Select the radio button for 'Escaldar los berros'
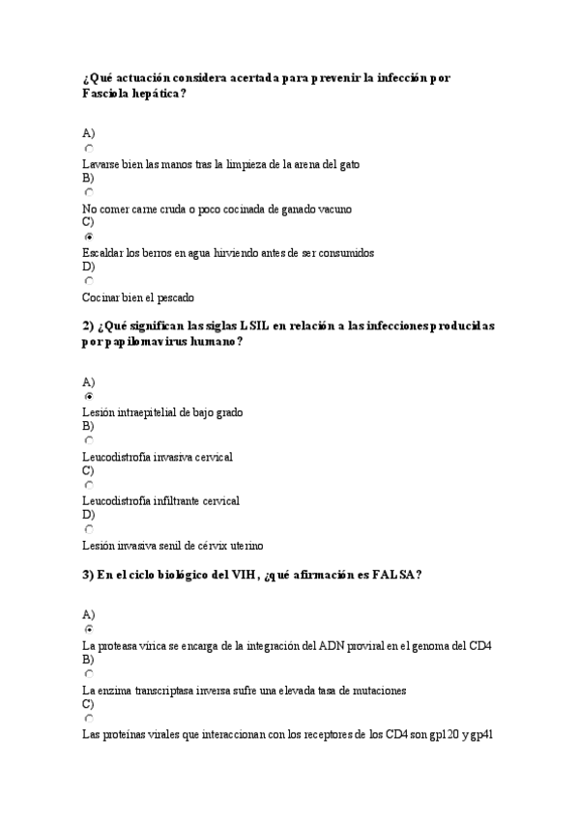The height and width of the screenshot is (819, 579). tap(89, 237)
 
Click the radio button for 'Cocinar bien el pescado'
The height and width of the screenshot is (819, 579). tap(89, 281)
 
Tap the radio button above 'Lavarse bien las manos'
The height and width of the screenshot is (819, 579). tap(89, 148)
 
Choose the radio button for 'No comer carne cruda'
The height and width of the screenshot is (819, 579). tap(89, 192)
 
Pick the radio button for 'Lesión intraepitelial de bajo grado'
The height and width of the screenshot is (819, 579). tap(89, 396)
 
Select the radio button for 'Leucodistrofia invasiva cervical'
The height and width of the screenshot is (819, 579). tap(89, 440)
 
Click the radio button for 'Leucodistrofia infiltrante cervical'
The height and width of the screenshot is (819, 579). tap(89, 485)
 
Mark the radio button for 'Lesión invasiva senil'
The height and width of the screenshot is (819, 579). tap(89, 529)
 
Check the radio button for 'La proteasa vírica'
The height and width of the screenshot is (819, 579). tap(89, 629)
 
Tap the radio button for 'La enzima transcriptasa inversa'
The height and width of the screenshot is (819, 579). tap(89, 673)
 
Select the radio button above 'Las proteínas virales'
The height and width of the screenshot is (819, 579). tap(89, 718)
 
